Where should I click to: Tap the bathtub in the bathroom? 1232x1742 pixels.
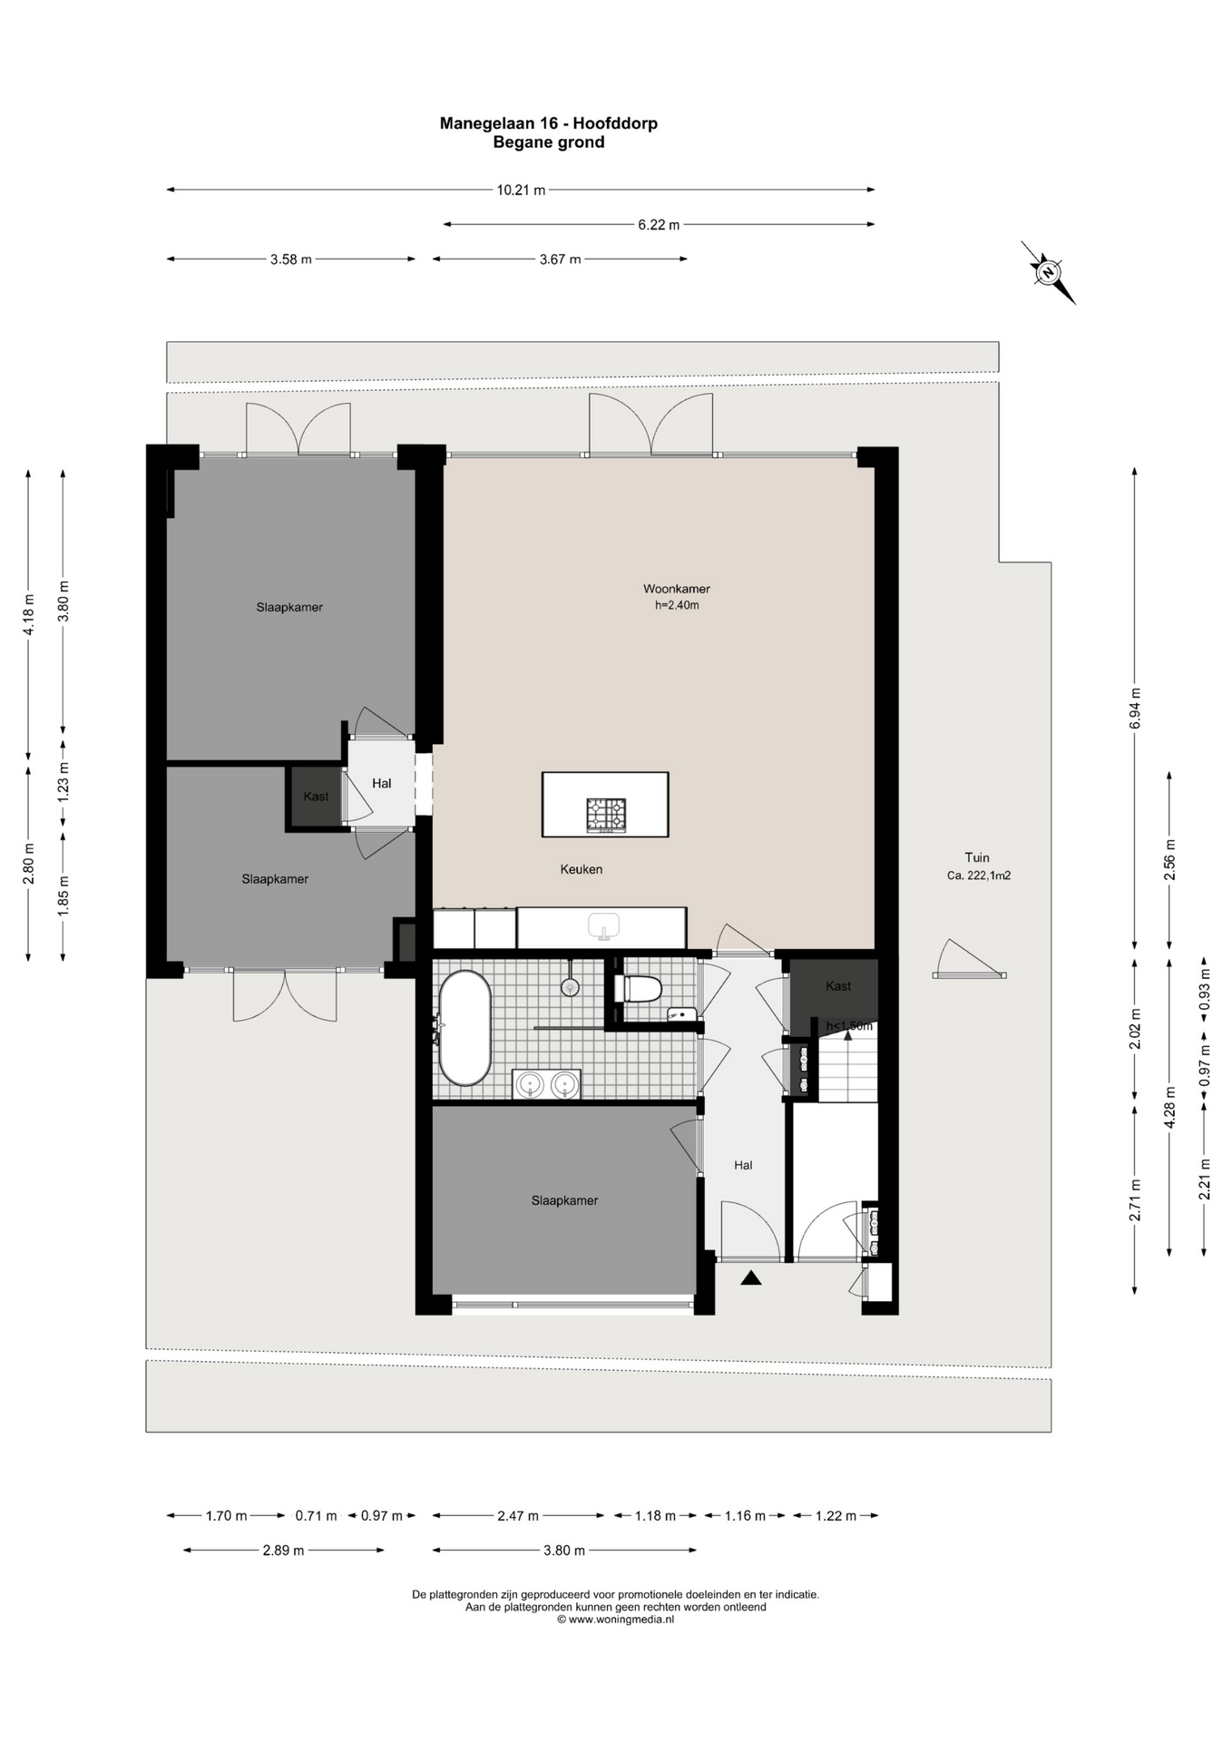(x=464, y=1028)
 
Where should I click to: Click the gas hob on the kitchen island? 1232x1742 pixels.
(x=606, y=814)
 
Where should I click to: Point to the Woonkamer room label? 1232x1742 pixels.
(x=677, y=589)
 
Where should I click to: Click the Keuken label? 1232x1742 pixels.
(x=582, y=869)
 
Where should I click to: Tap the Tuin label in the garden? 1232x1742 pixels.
(x=977, y=857)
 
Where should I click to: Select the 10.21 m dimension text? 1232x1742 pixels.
(x=521, y=191)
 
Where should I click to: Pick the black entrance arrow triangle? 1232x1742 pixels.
(x=750, y=1278)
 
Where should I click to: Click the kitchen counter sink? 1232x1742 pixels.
(x=603, y=926)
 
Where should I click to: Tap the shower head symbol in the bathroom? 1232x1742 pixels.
(x=570, y=986)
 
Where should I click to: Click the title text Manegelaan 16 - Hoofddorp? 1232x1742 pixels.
(x=549, y=123)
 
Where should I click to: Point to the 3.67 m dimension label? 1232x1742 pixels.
(x=560, y=259)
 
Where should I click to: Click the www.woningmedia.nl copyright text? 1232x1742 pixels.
(x=616, y=1620)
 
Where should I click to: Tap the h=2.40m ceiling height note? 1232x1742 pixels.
(x=677, y=605)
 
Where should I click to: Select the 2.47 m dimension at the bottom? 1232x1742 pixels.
(x=518, y=1516)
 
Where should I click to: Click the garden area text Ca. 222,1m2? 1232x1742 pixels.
(x=979, y=876)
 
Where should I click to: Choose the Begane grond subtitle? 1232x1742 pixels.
(x=549, y=142)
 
